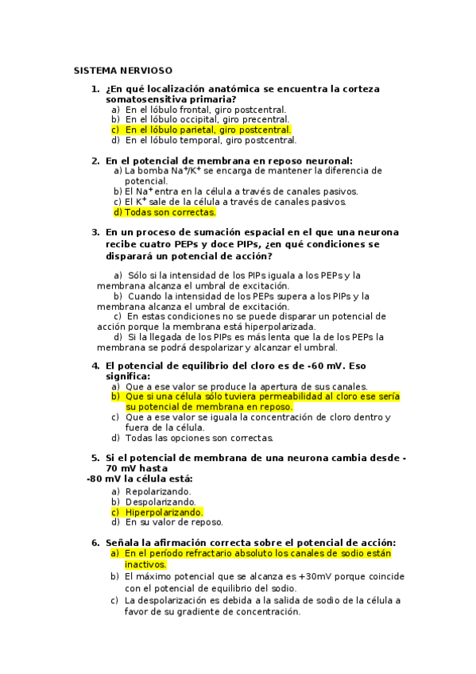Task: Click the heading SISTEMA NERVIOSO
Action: pos(122,71)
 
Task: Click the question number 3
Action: pos(95,233)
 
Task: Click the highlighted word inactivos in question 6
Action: pos(145,564)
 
